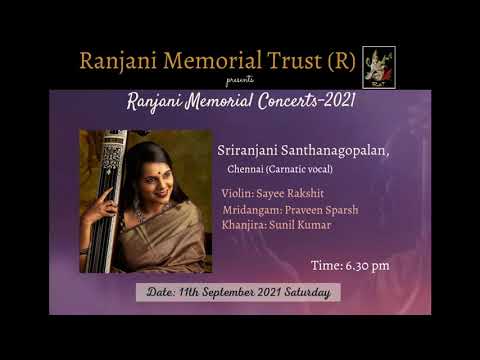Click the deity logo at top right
pyautogui.click(x=378, y=66)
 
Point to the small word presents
pyautogui.click(x=239, y=79)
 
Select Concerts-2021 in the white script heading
pyautogui.click(x=298, y=102)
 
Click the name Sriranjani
pyautogui.click(x=247, y=150)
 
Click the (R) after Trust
pyautogui.click(x=339, y=61)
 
